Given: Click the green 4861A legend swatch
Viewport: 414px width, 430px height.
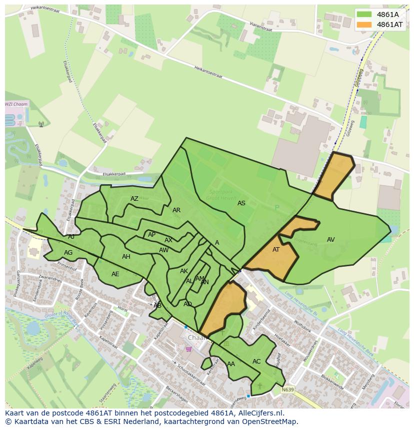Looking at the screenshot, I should tap(364, 14).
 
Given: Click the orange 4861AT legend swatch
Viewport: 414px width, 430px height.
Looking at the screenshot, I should tap(364, 24).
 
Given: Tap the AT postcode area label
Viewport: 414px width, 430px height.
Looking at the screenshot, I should tap(276, 250).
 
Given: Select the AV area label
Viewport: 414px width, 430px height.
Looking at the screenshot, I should tap(330, 240).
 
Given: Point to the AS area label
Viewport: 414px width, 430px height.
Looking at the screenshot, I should tap(241, 203).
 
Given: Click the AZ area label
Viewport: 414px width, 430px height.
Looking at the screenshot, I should tap(134, 199).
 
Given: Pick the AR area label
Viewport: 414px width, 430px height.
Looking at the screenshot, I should tap(176, 210).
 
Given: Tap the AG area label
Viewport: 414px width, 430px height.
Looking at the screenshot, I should tap(68, 253).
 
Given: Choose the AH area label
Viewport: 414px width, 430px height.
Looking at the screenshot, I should tap(126, 257).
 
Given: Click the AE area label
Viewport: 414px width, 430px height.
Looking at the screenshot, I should tap(115, 274).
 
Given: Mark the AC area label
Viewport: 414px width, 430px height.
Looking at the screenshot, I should tap(256, 362).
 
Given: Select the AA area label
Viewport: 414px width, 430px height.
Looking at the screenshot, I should tap(231, 364).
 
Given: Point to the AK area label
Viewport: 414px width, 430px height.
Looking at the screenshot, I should tap(184, 271).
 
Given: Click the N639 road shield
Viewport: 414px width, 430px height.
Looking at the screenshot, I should tap(287, 390).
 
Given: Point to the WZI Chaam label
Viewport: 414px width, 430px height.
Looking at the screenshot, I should tap(16, 104).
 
